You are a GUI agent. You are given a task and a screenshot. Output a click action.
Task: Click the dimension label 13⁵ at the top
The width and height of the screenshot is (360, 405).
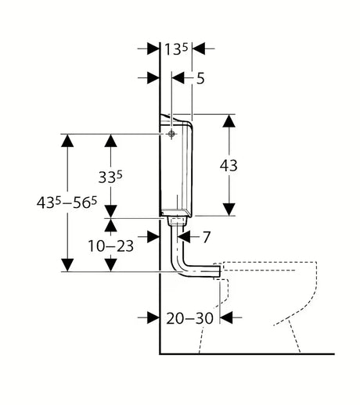[176, 49]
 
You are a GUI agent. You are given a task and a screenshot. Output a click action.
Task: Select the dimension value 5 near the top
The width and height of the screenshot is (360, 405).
[200, 78]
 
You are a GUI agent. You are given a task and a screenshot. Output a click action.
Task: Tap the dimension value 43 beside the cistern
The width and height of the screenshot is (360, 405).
[229, 166]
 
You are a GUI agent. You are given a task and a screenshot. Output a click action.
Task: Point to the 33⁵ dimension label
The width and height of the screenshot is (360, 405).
[110, 177]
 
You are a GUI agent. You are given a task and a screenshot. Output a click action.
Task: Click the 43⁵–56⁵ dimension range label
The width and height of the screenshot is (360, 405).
[67, 202]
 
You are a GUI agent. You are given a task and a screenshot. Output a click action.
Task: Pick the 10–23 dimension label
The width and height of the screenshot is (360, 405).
[111, 246]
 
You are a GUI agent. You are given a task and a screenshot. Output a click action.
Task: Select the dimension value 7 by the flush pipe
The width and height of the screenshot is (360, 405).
[207, 237]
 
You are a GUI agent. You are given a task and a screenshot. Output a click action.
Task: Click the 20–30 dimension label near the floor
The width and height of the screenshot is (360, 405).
[190, 318]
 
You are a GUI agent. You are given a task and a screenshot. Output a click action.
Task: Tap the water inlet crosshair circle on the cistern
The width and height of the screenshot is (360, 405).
[171, 134]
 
